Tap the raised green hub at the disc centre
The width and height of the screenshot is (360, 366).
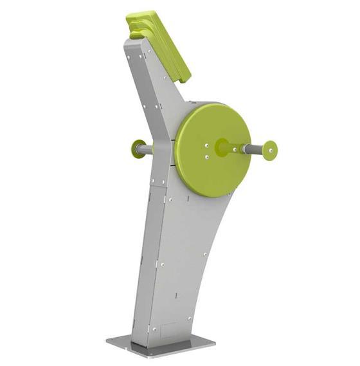point(222,146)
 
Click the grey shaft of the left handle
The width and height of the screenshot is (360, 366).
point(147,150)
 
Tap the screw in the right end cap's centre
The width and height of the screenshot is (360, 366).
point(271,151)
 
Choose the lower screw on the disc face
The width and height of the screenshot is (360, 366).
point(208,156)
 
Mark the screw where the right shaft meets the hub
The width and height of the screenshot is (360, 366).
point(235,149)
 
